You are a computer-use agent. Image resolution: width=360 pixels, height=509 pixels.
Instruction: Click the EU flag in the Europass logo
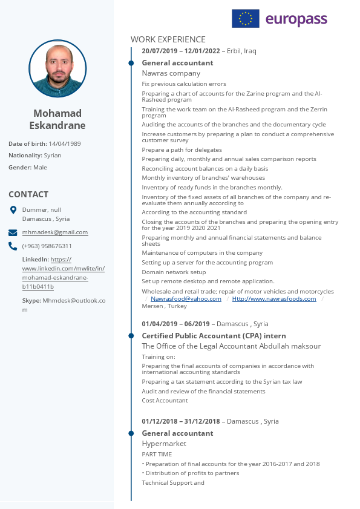(x=245, y=19)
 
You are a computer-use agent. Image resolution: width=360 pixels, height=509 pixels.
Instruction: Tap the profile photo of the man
(x=57, y=68)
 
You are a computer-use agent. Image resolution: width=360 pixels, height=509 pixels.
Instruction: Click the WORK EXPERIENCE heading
(x=168, y=39)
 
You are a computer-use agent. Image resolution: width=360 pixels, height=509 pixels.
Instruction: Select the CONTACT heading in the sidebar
(x=28, y=194)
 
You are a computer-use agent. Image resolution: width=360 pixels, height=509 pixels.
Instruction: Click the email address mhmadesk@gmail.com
(x=55, y=232)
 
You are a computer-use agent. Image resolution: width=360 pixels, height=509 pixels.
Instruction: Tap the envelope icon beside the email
(x=13, y=232)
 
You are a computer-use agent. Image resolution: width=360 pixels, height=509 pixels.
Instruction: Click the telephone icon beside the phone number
(x=13, y=246)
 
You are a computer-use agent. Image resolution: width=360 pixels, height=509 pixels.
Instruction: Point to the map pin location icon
(x=13, y=210)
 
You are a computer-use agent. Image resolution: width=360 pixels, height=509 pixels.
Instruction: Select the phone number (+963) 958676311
(x=47, y=246)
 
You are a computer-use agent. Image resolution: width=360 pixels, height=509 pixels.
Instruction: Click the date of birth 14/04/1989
(x=65, y=144)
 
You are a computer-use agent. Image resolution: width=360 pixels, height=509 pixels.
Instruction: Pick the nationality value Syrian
(x=53, y=156)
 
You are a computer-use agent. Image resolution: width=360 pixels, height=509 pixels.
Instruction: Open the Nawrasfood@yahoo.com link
(x=186, y=299)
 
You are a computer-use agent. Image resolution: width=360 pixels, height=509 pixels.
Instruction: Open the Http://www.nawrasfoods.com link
(x=274, y=299)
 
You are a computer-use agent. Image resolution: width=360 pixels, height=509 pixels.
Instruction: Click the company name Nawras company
(x=171, y=73)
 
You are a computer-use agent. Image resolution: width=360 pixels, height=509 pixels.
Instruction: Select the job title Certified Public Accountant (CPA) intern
(x=214, y=336)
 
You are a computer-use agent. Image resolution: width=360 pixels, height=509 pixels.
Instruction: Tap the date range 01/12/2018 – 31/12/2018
(x=181, y=421)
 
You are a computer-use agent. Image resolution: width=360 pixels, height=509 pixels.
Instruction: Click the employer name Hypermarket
(x=164, y=444)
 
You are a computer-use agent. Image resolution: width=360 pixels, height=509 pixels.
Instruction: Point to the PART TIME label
(x=157, y=455)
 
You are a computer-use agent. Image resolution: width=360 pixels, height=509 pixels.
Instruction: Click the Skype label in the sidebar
(x=31, y=300)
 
